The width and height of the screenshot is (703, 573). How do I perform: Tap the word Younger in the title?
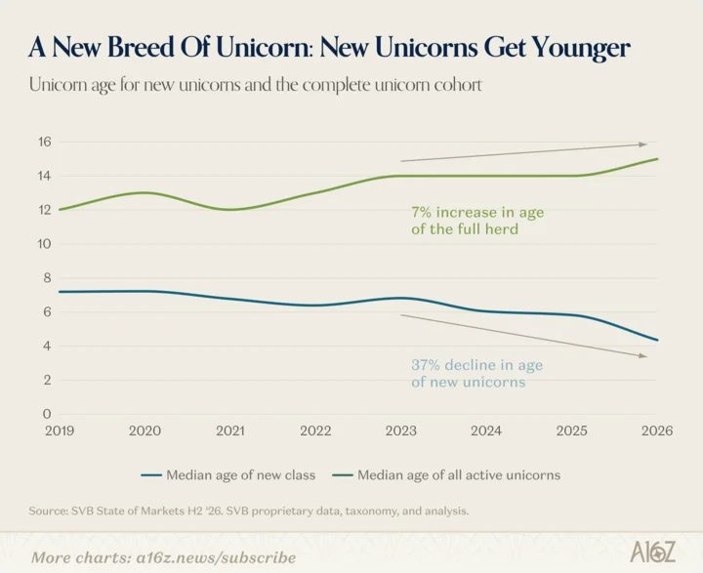pyautogui.click(x=582, y=50)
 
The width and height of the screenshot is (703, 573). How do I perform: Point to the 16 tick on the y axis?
pyautogui.click(x=45, y=143)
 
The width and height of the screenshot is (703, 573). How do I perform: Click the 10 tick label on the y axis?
pyautogui.click(x=45, y=244)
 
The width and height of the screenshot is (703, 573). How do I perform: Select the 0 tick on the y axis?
pyautogui.click(x=47, y=414)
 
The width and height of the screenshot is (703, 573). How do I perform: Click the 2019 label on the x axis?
pyautogui.click(x=60, y=430)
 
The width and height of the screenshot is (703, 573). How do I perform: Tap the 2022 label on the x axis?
pyautogui.click(x=315, y=430)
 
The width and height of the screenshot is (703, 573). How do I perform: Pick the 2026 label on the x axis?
pyautogui.click(x=657, y=430)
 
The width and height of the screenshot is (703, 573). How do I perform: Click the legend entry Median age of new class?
pyautogui.click(x=228, y=474)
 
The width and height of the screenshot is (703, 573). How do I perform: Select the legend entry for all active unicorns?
pyautogui.click(x=446, y=474)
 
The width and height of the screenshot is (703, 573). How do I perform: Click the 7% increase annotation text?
pyautogui.click(x=477, y=221)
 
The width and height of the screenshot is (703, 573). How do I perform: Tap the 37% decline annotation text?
pyautogui.click(x=477, y=374)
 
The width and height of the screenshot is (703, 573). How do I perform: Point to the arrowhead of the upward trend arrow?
pyautogui.click(x=643, y=144)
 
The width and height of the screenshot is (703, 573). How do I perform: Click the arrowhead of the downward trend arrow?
pyautogui.click(x=643, y=355)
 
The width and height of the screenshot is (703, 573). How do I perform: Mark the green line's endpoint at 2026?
pyautogui.click(x=657, y=159)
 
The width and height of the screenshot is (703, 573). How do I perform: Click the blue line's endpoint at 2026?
pyautogui.click(x=657, y=340)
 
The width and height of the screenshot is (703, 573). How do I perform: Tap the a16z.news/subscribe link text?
pyautogui.click(x=216, y=557)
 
